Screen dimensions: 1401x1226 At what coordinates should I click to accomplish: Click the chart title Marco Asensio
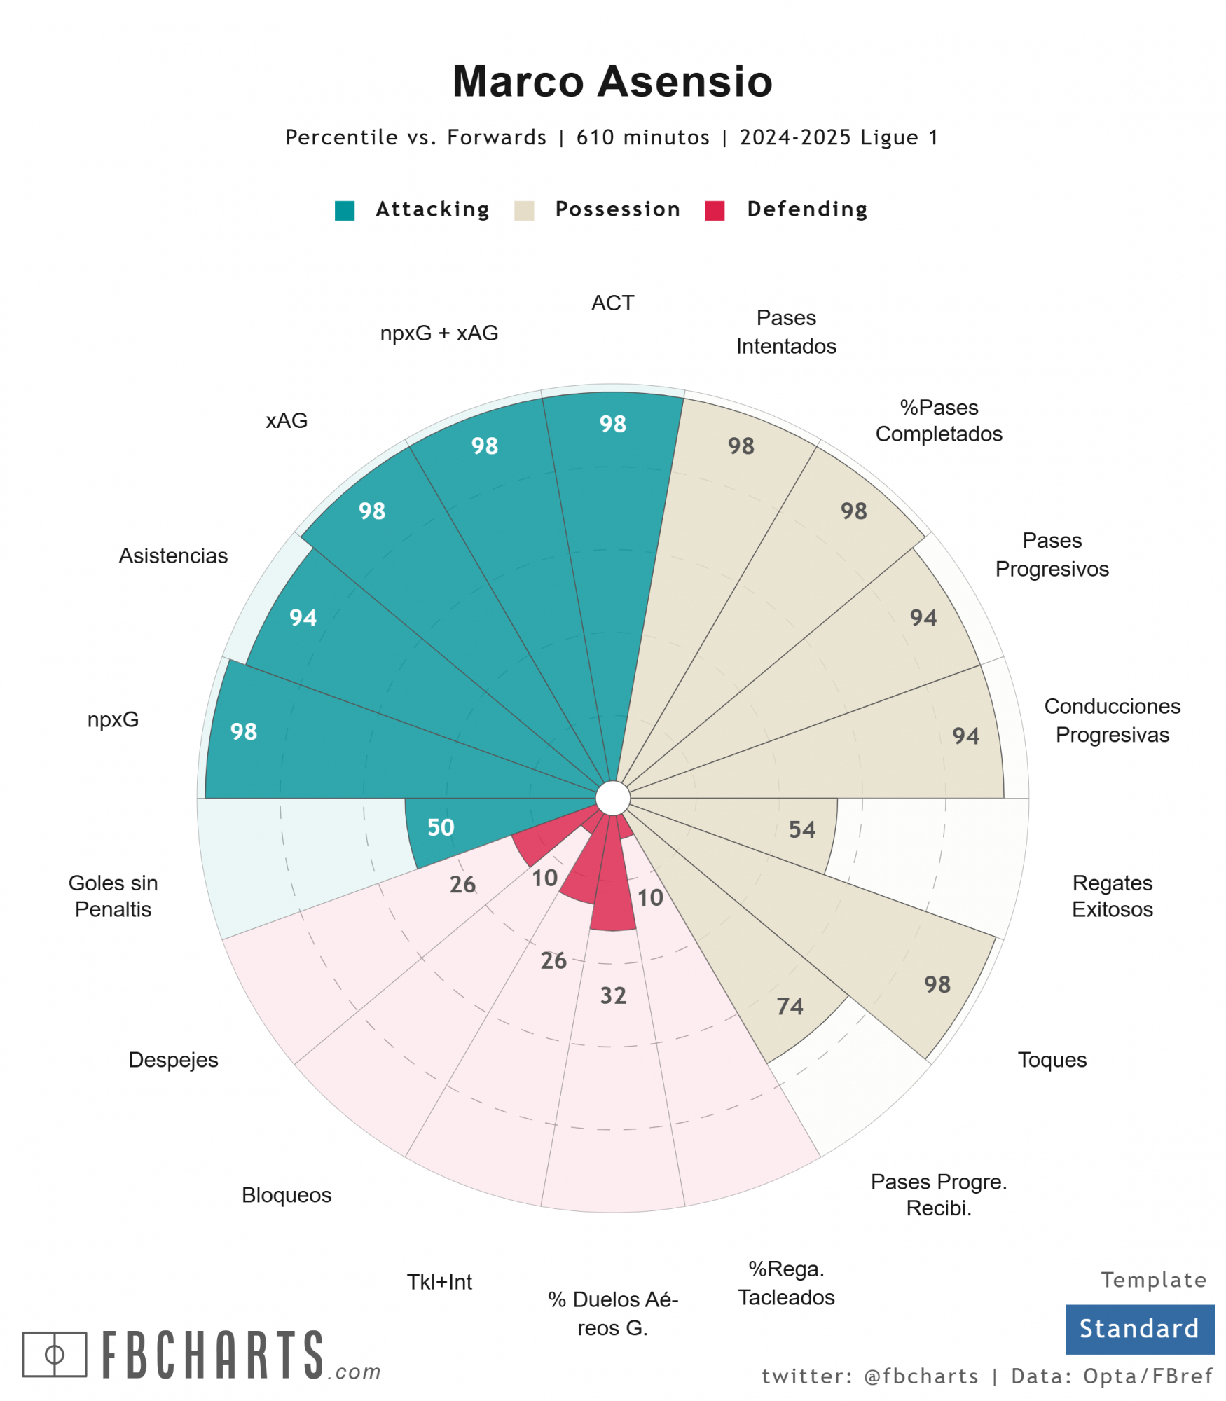click(612, 81)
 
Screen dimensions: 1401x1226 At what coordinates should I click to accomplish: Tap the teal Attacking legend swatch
click(345, 210)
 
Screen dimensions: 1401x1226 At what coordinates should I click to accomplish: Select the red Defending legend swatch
click(715, 210)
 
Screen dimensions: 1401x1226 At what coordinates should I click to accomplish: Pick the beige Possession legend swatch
click(524, 210)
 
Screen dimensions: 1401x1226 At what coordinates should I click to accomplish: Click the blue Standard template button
click(1140, 1329)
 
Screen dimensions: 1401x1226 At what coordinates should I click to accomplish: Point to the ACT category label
click(612, 303)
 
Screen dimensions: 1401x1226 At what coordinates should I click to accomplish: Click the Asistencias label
click(173, 555)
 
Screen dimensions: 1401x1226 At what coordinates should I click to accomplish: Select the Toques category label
click(1052, 1060)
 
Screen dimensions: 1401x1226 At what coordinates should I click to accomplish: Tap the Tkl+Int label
click(439, 1282)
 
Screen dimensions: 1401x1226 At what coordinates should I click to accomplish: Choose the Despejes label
click(173, 1060)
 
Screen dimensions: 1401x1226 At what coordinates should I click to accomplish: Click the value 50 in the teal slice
click(441, 827)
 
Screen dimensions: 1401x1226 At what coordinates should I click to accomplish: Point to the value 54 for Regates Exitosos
click(802, 830)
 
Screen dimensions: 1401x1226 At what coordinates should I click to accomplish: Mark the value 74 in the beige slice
click(790, 1007)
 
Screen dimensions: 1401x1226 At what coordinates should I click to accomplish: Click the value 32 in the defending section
click(613, 995)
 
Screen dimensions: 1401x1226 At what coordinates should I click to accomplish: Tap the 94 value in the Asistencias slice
click(303, 618)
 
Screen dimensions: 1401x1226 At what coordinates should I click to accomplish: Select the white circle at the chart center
click(613, 799)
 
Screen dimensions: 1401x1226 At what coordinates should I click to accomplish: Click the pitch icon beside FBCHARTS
click(55, 1355)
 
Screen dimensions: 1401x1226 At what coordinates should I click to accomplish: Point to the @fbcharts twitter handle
click(921, 1376)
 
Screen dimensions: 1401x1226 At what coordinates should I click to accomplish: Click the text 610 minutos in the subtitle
click(642, 137)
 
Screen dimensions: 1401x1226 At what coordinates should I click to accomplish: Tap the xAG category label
click(287, 420)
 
